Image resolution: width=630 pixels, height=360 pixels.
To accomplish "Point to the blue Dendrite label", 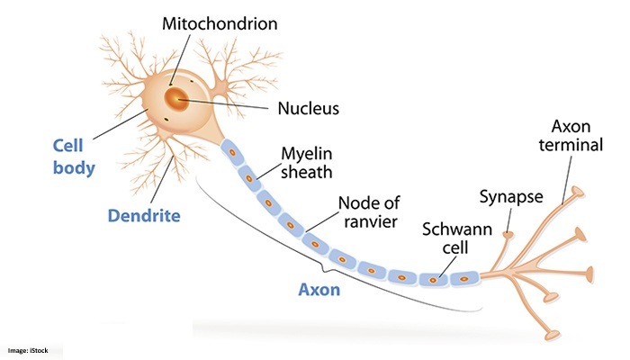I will [x=144, y=216].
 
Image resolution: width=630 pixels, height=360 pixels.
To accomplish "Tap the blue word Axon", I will [x=320, y=291].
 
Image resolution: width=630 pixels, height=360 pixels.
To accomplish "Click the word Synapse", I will [x=511, y=196].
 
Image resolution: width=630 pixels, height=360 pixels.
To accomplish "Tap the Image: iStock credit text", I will [x=31, y=350].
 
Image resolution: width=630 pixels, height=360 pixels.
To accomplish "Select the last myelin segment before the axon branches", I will [x=464, y=278].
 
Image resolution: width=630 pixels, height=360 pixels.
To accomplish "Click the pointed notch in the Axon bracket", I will [x=331, y=269].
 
